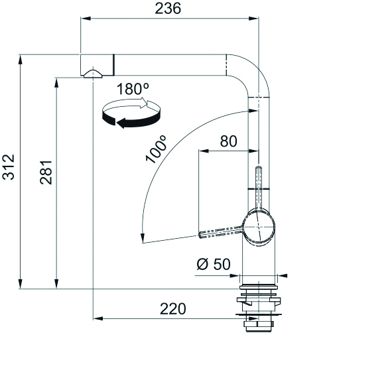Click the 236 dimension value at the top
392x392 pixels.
[x=168, y=9]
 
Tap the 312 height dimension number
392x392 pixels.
[x=9, y=167]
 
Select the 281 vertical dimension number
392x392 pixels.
[x=46, y=172]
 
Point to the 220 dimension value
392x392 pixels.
[x=172, y=309]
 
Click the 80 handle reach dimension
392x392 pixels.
[x=228, y=141]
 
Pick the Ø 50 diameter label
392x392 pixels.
[x=214, y=264]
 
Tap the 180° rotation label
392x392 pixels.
[x=133, y=89]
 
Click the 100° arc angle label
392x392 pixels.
[x=156, y=149]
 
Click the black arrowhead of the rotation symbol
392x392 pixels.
[x=121, y=123]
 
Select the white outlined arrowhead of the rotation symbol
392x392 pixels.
[x=144, y=103]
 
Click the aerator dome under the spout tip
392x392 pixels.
[x=93, y=74]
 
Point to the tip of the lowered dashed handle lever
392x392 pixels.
[x=200, y=235]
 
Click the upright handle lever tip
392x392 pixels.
[x=259, y=167]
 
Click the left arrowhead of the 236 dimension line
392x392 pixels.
[x=86, y=19]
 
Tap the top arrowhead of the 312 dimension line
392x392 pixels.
[x=21, y=60]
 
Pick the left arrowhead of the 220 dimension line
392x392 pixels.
[x=98, y=319]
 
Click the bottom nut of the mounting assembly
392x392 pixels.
[x=259, y=327]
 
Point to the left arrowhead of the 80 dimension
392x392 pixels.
[x=204, y=151]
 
